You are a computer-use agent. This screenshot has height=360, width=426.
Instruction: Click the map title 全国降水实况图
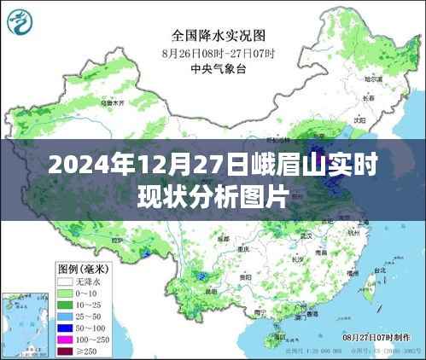[x=219, y=36]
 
